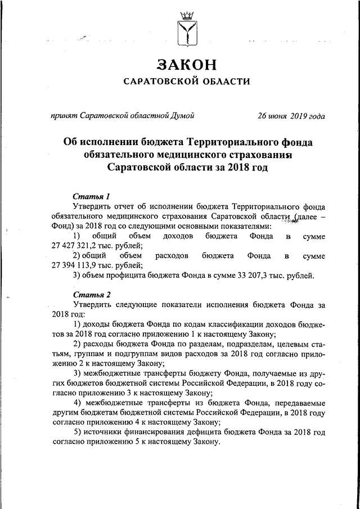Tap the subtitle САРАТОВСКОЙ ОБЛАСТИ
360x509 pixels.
(x=187, y=83)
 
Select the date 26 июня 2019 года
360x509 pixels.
(x=291, y=117)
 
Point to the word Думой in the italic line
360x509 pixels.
(x=183, y=117)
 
